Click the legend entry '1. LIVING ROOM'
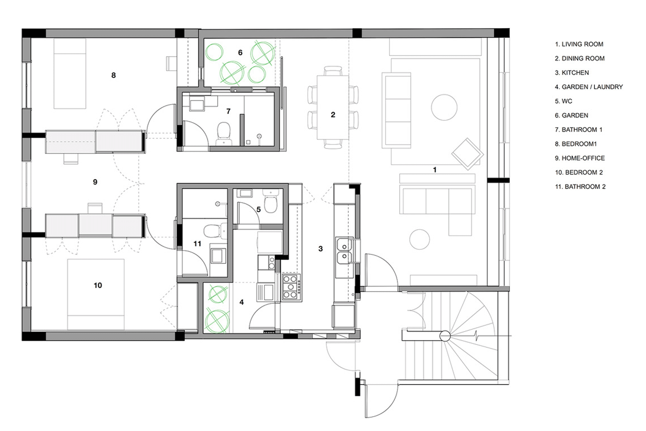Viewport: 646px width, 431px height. (x=579, y=44)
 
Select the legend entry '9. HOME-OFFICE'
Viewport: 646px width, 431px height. (x=580, y=158)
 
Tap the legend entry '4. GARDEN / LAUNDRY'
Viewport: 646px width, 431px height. (x=589, y=87)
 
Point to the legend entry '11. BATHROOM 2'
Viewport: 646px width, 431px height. (x=580, y=187)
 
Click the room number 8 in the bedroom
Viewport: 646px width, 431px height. (x=114, y=76)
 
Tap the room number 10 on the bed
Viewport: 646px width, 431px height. (x=98, y=285)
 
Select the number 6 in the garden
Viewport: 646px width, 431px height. (x=240, y=52)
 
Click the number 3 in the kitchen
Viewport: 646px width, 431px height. (x=320, y=249)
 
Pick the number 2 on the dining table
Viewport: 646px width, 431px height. (x=333, y=115)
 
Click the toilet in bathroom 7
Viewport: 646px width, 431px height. (x=224, y=134)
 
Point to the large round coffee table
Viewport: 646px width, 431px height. (x=444, y=107)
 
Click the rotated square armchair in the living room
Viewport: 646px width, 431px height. (x=467, y=154)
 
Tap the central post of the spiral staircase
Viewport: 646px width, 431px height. (x=445, y=336)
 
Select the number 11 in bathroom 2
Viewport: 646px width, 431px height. (x=197, y=244)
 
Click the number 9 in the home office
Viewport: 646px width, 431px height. (x=95, y=182)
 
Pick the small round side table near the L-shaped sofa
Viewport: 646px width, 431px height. (x=420, y=239)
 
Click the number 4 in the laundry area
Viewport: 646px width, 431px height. (x=241, y=302)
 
